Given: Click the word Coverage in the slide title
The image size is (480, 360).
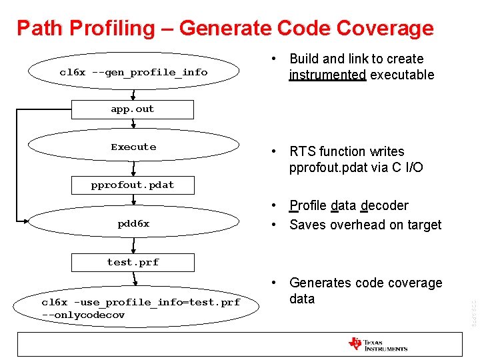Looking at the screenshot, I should tap(385, 29).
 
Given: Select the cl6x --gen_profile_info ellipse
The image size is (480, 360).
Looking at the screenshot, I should tap(133, 72).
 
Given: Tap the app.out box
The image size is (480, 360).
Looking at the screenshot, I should tap(133, 109).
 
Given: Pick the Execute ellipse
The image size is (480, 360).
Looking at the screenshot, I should tap(133, 147).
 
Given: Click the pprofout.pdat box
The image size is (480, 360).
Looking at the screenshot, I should tap(133, 185).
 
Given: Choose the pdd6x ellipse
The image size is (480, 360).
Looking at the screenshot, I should tap(133, 224).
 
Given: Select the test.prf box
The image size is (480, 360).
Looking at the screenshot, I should tap(133, 262).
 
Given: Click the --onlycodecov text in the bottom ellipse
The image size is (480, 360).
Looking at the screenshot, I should tap(83, 315).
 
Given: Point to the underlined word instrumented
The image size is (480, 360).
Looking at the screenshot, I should tap(327, 75).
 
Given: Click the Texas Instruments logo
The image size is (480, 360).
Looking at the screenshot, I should tap(377, 344).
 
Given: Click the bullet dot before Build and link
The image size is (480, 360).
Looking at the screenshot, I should tap(274, 59).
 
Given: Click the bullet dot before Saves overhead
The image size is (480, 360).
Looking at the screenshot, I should tap(274, 225).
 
